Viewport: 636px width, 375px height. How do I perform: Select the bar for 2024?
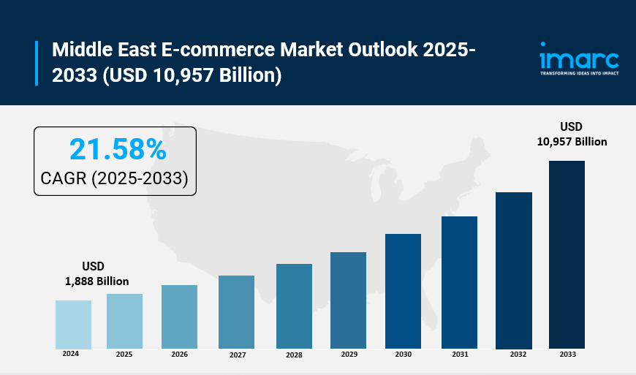[x=73, y=325]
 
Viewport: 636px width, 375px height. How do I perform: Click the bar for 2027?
[x=236, y=312]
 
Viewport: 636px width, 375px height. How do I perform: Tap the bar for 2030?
[x=403, y=291]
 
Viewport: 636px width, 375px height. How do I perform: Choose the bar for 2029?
[x=348, y=300]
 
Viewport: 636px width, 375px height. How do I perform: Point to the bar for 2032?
[x=514, y=270]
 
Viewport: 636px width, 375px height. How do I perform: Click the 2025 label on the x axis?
[x=124, y=355]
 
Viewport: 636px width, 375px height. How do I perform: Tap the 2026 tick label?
[x=179, y=355]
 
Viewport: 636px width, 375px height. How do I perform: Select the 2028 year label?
[x=294, y=355]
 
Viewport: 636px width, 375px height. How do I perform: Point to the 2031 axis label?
[x=460, y=355]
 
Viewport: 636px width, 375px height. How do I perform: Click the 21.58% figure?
[x=118, y=150]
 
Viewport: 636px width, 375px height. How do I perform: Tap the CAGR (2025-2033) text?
[x=115, y=178]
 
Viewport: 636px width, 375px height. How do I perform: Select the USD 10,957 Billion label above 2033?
[x=572, y=134]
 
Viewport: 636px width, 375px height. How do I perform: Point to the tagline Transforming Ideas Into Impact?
[x=578, y=74]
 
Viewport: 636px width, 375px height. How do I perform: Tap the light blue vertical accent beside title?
[x=36, y=63]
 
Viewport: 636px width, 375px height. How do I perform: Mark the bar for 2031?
[x=459, y=282]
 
